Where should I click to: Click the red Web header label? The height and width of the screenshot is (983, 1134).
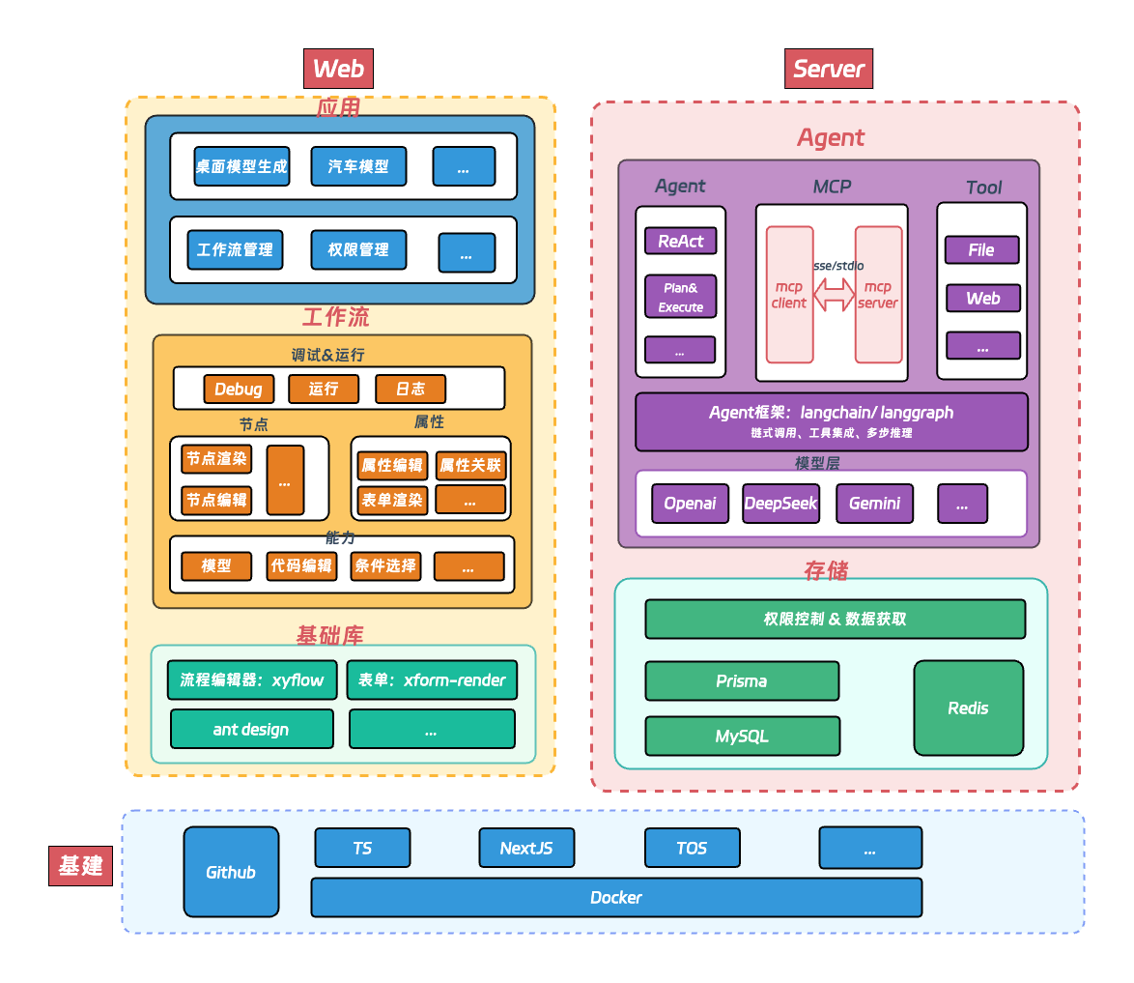click(x=338, y=69)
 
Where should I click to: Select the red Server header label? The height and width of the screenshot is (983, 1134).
click(x=828, y=69)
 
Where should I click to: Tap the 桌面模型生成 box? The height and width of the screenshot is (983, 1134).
click(x=241, y=166)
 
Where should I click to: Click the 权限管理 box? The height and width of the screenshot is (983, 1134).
click(x=358, y=249)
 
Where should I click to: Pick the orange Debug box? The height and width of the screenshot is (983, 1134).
click(x=238, y=389)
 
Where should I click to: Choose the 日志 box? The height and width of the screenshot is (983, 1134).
click(x=411, y=389)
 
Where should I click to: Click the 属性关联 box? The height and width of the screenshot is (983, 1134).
click(x=470, y=466)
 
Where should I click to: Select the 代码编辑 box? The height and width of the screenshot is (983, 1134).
click(x=301, y=565)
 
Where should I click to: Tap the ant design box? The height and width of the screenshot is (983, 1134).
click(x=251, y=729)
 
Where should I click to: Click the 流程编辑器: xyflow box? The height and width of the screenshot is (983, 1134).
click(x=252, y=679)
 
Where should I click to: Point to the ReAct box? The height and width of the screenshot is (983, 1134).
click(x=681, y=241)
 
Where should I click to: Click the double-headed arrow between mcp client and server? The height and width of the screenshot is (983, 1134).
click(x=834, y=294)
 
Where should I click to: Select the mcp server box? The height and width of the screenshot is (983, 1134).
click(x=878, y=295)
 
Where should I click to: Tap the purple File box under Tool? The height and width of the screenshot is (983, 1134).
click(x=981, y=249)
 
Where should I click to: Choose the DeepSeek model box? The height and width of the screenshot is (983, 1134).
click(x=780, y=504)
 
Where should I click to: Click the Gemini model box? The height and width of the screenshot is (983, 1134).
click(x=874, y=504)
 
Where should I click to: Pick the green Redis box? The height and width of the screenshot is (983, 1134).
click(x=968, y=708)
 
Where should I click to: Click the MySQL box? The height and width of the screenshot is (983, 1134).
click(x=742, y=736)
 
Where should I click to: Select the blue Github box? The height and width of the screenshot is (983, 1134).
click(x=231, y=872)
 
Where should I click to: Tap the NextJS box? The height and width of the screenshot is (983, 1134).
click(x=526, y=848)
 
